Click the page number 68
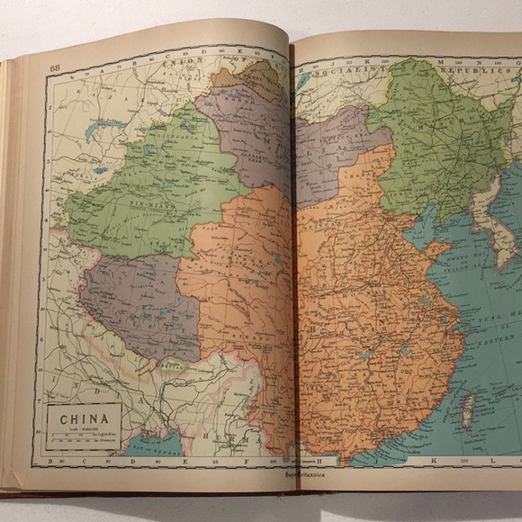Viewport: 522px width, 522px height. click(55, 67)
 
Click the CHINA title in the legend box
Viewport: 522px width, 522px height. click(84, 418)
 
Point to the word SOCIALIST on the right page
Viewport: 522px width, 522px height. click(337, 67)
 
